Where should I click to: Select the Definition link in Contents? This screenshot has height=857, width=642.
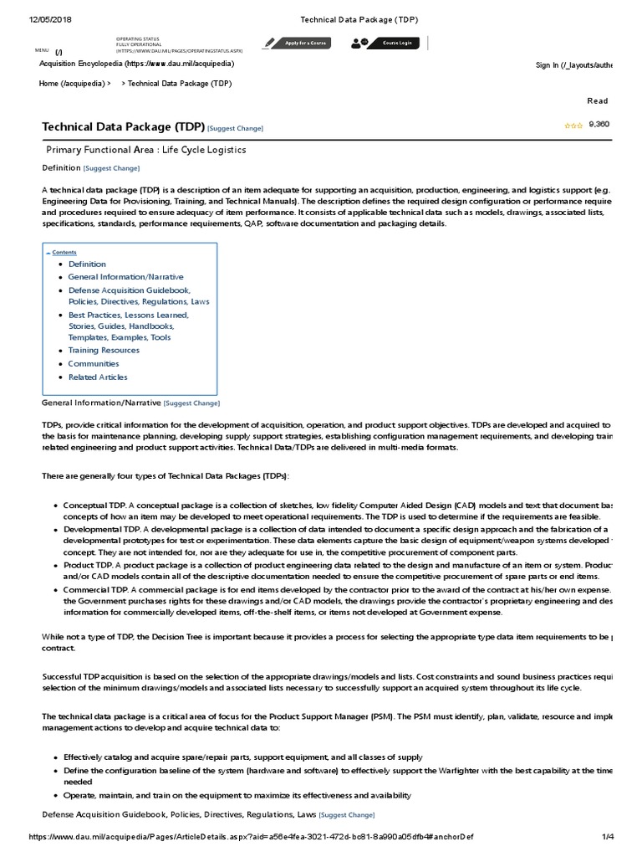(87, 264)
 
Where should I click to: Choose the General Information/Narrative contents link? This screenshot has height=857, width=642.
(125, 276)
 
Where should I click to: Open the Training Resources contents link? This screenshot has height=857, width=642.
(104, 350)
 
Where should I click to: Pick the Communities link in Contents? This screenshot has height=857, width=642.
(94, 363)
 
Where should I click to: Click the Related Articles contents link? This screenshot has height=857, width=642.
(98, 377)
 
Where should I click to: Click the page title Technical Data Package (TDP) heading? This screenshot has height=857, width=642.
(123, 127)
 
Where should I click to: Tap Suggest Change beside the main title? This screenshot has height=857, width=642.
(235, 128)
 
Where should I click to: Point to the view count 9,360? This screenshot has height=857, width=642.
(599, 124)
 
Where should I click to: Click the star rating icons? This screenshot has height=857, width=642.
(573, 125)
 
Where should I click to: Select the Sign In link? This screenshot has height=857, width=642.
(573, 65)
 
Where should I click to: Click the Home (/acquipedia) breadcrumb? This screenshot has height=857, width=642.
(74, 84)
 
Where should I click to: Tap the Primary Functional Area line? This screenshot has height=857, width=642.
(146, 150)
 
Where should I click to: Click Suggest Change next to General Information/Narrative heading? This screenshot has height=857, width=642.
(191, 403)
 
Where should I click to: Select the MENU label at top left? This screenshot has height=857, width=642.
(43, 50)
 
